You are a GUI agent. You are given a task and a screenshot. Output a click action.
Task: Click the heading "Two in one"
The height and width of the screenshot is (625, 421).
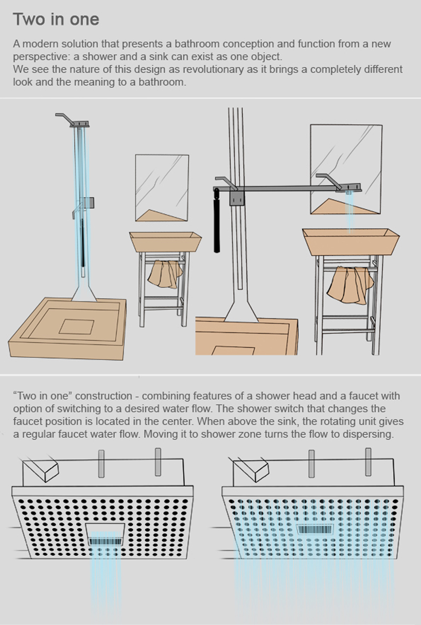(56, 19)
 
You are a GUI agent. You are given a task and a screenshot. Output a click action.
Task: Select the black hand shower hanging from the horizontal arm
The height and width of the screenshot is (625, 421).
(217, 221)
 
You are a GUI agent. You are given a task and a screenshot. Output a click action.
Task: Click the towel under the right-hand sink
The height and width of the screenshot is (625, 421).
(350, 284)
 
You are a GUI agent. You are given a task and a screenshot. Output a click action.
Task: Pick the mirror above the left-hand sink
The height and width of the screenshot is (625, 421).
(162, 188)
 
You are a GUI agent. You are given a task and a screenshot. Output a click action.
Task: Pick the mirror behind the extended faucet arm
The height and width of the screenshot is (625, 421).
(346, 169)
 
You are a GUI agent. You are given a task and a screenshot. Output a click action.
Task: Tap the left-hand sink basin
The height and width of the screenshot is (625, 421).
(165, 242)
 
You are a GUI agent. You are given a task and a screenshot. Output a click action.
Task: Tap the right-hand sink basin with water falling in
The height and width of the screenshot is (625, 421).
(351, 242)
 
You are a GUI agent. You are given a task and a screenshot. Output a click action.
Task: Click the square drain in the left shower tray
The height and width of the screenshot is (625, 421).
(77, 327)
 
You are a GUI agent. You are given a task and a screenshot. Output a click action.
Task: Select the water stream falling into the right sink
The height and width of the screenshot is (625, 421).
(349, 212)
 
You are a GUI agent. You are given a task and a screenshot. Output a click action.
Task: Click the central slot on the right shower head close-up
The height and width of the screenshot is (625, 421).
(315, 529)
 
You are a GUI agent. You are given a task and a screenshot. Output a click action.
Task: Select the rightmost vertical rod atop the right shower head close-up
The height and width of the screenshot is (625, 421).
(368, 462)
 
